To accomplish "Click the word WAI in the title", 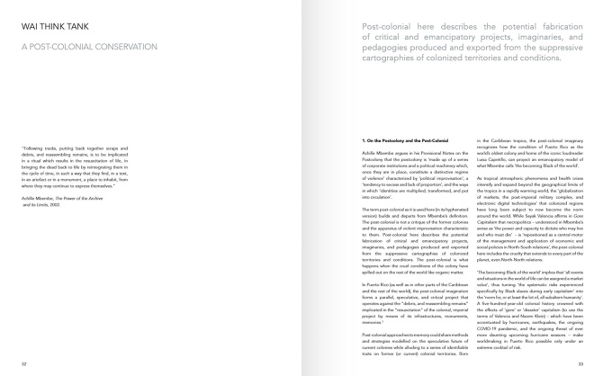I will point(30,27).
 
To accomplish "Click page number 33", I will point(579,364).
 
